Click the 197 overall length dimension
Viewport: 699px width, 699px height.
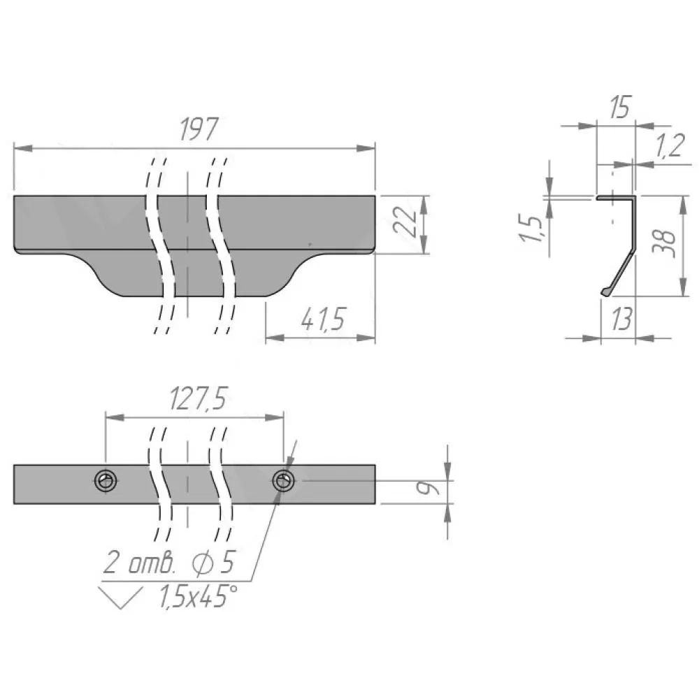pos(199,129)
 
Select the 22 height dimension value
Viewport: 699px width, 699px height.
pos(405,221)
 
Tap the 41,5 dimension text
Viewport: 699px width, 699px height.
pos(323,319)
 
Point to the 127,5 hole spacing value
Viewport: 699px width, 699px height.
pos(199,398)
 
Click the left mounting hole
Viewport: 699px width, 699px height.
pos(106,481)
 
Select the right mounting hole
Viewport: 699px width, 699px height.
pos(284,481)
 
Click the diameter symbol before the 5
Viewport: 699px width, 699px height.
pos(203,563)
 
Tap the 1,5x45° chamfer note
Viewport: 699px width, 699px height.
pos(198,596)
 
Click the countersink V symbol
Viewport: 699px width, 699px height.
pos(120,598)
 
